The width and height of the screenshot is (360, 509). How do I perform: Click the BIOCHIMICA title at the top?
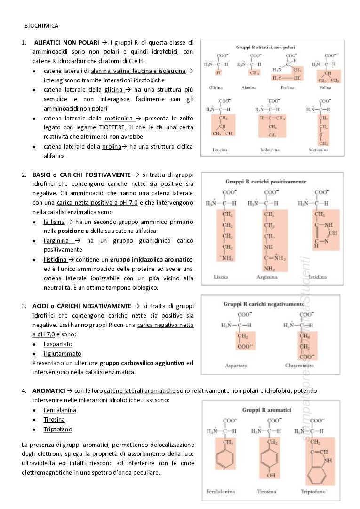tap(41, 25)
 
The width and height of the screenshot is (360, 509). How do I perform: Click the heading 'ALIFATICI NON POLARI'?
tap(66, 42)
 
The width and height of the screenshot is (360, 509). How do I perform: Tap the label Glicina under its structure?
tap(216, 88)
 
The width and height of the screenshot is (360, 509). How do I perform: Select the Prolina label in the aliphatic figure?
tap(287, 88)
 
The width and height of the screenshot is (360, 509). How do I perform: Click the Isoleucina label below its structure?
tap(270, 150)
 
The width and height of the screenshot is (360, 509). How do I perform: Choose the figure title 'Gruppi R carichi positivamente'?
tap(266, 181)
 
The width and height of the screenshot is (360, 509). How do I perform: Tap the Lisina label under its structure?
tap(220, 277)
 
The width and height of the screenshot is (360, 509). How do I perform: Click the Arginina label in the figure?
tap(267, 277)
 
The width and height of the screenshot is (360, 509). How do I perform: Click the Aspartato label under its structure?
tap(236, 366)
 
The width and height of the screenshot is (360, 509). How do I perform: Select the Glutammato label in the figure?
tap(299, 366)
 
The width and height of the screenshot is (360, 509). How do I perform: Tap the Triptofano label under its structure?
tap(313, 492)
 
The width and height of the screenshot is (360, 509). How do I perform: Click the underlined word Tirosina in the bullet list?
tap(54, 420)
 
